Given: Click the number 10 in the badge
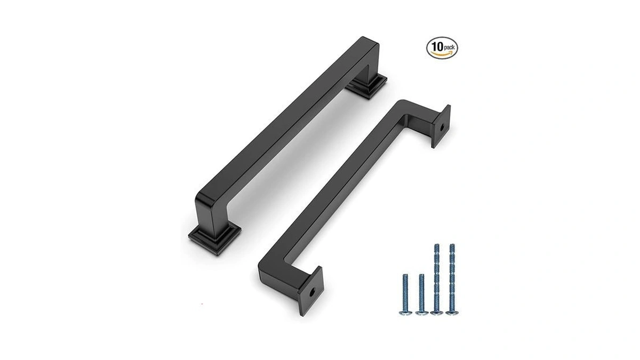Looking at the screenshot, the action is [437, 46].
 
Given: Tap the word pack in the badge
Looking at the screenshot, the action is [449, 47].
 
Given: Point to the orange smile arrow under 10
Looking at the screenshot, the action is [442, 54].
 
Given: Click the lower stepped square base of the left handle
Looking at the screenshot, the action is [214, 238].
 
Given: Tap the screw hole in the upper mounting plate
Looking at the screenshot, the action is [442, 127].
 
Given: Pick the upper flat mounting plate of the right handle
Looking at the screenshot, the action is [441, 126].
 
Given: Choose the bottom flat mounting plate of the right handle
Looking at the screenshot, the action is [311, 291].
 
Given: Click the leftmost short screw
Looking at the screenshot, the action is [405, 294].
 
